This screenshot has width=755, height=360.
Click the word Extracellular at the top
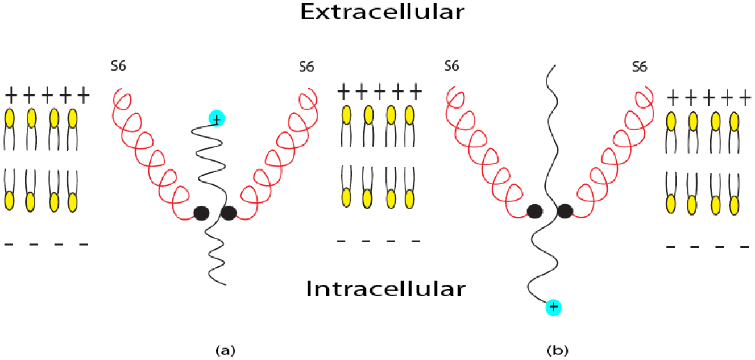point(382,12)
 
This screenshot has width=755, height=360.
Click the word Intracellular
point(385,289)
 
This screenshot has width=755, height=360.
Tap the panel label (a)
point(225,350)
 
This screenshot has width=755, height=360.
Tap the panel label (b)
point(558,350)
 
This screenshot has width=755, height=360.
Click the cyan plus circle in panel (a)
point(217,118)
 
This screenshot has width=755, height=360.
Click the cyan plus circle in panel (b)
point(553,307)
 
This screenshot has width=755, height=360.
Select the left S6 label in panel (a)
point(118,66)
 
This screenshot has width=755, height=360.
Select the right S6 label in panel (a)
point(306,67)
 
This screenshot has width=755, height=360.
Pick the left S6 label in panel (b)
point(451,66)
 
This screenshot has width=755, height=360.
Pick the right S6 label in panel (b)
point(640,67)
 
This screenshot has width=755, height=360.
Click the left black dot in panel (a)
point(201,213)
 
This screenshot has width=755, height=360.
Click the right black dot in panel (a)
point(229,213)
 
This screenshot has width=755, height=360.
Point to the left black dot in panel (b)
point(534,212)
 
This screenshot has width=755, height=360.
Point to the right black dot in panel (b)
point(565,212)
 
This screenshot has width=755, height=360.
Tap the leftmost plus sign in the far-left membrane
point(11,95)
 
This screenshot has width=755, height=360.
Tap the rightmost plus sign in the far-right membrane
point(745,98)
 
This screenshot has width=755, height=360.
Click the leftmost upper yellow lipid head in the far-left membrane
point(10,118)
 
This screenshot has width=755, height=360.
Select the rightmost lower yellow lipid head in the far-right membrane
point(734,205)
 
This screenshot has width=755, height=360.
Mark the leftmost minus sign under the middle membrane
point(341,241)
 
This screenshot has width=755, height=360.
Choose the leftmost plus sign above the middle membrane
point(343,92)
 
